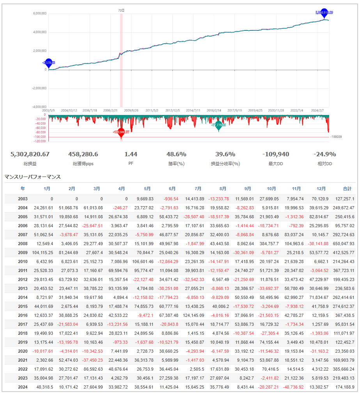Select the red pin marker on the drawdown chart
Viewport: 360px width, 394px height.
coord(121,133)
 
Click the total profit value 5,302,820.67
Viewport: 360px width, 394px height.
coord(30,154)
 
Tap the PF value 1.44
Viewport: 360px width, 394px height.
coord(131,154)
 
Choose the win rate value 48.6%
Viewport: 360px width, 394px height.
coord(176,154)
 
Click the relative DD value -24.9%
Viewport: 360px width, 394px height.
coord(325,154)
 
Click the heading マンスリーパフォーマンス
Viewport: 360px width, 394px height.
coord(33,177)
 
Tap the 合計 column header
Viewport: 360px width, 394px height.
coord(347,189)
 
